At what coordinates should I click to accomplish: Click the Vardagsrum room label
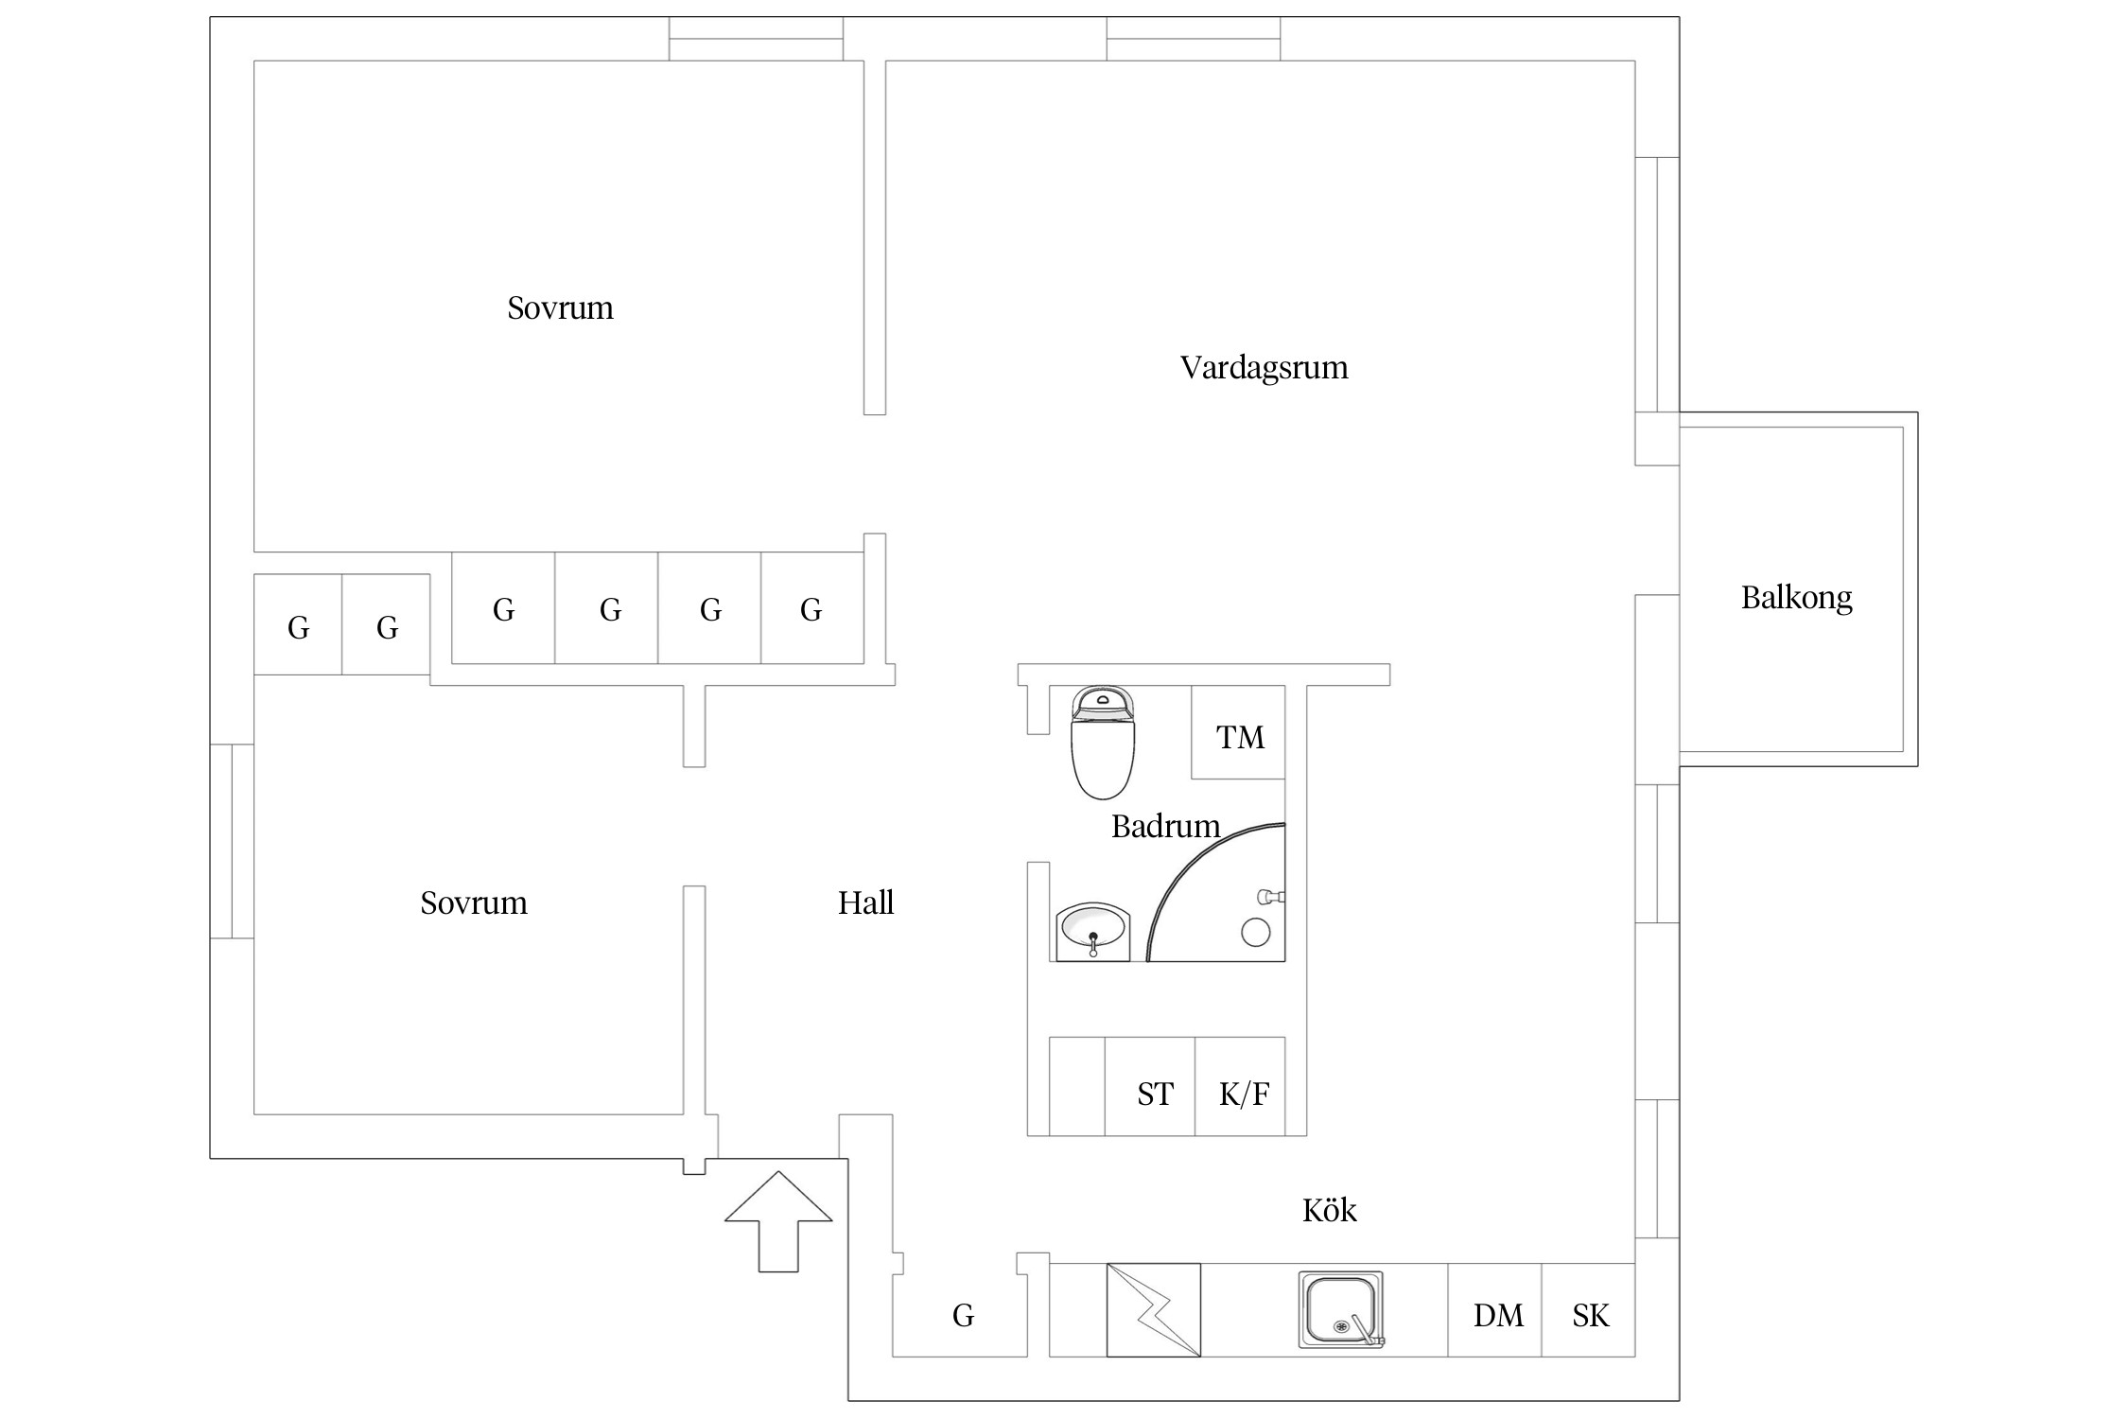1264,367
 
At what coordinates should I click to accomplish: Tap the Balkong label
1796,598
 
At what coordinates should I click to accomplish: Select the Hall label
865,902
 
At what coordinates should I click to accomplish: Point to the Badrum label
1165,827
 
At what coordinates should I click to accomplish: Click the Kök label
1329,1211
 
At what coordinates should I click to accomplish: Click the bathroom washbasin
1092,931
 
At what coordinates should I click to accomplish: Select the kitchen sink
1340,1310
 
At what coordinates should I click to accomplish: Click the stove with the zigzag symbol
1154,1310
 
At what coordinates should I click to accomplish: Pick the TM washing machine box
1238,733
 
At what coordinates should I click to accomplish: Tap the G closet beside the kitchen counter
962,1315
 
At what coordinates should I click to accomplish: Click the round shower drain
1255,934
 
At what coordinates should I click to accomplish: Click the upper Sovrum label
560,308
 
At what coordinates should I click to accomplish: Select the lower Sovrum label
473,903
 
